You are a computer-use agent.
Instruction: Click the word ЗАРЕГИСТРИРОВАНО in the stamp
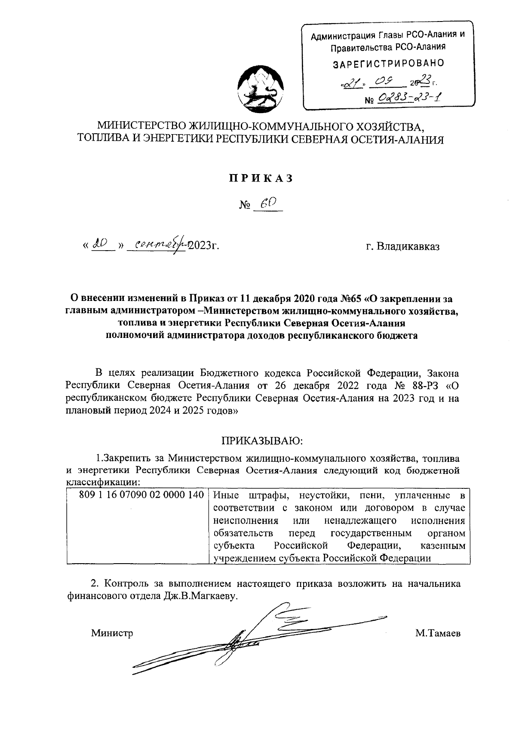(x=389, y=63)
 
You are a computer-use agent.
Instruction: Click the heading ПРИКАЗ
(x=261, y=178)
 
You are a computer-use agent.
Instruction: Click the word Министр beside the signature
(x=112, y=633)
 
